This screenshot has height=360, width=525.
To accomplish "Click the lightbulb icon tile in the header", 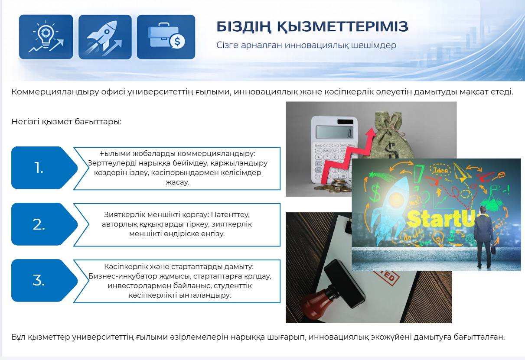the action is pos(46,37).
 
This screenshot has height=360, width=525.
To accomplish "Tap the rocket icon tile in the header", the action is pos(105,37).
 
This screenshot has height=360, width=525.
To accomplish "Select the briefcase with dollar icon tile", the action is pos(166,37).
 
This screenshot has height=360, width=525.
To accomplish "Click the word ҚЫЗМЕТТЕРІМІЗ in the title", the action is pos(342,27).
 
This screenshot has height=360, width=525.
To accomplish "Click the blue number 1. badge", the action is pos(45,168).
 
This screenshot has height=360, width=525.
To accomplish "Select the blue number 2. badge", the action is pos(45,224).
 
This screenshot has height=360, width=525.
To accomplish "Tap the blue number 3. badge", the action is pos(45,280).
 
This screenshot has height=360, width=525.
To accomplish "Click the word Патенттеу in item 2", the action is pos(230,214).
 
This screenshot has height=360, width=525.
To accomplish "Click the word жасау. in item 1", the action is pos(177,182).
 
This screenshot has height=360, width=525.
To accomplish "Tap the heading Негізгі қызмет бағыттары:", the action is pos(67,122).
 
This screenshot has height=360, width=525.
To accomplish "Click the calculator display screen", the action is pos(334,132).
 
